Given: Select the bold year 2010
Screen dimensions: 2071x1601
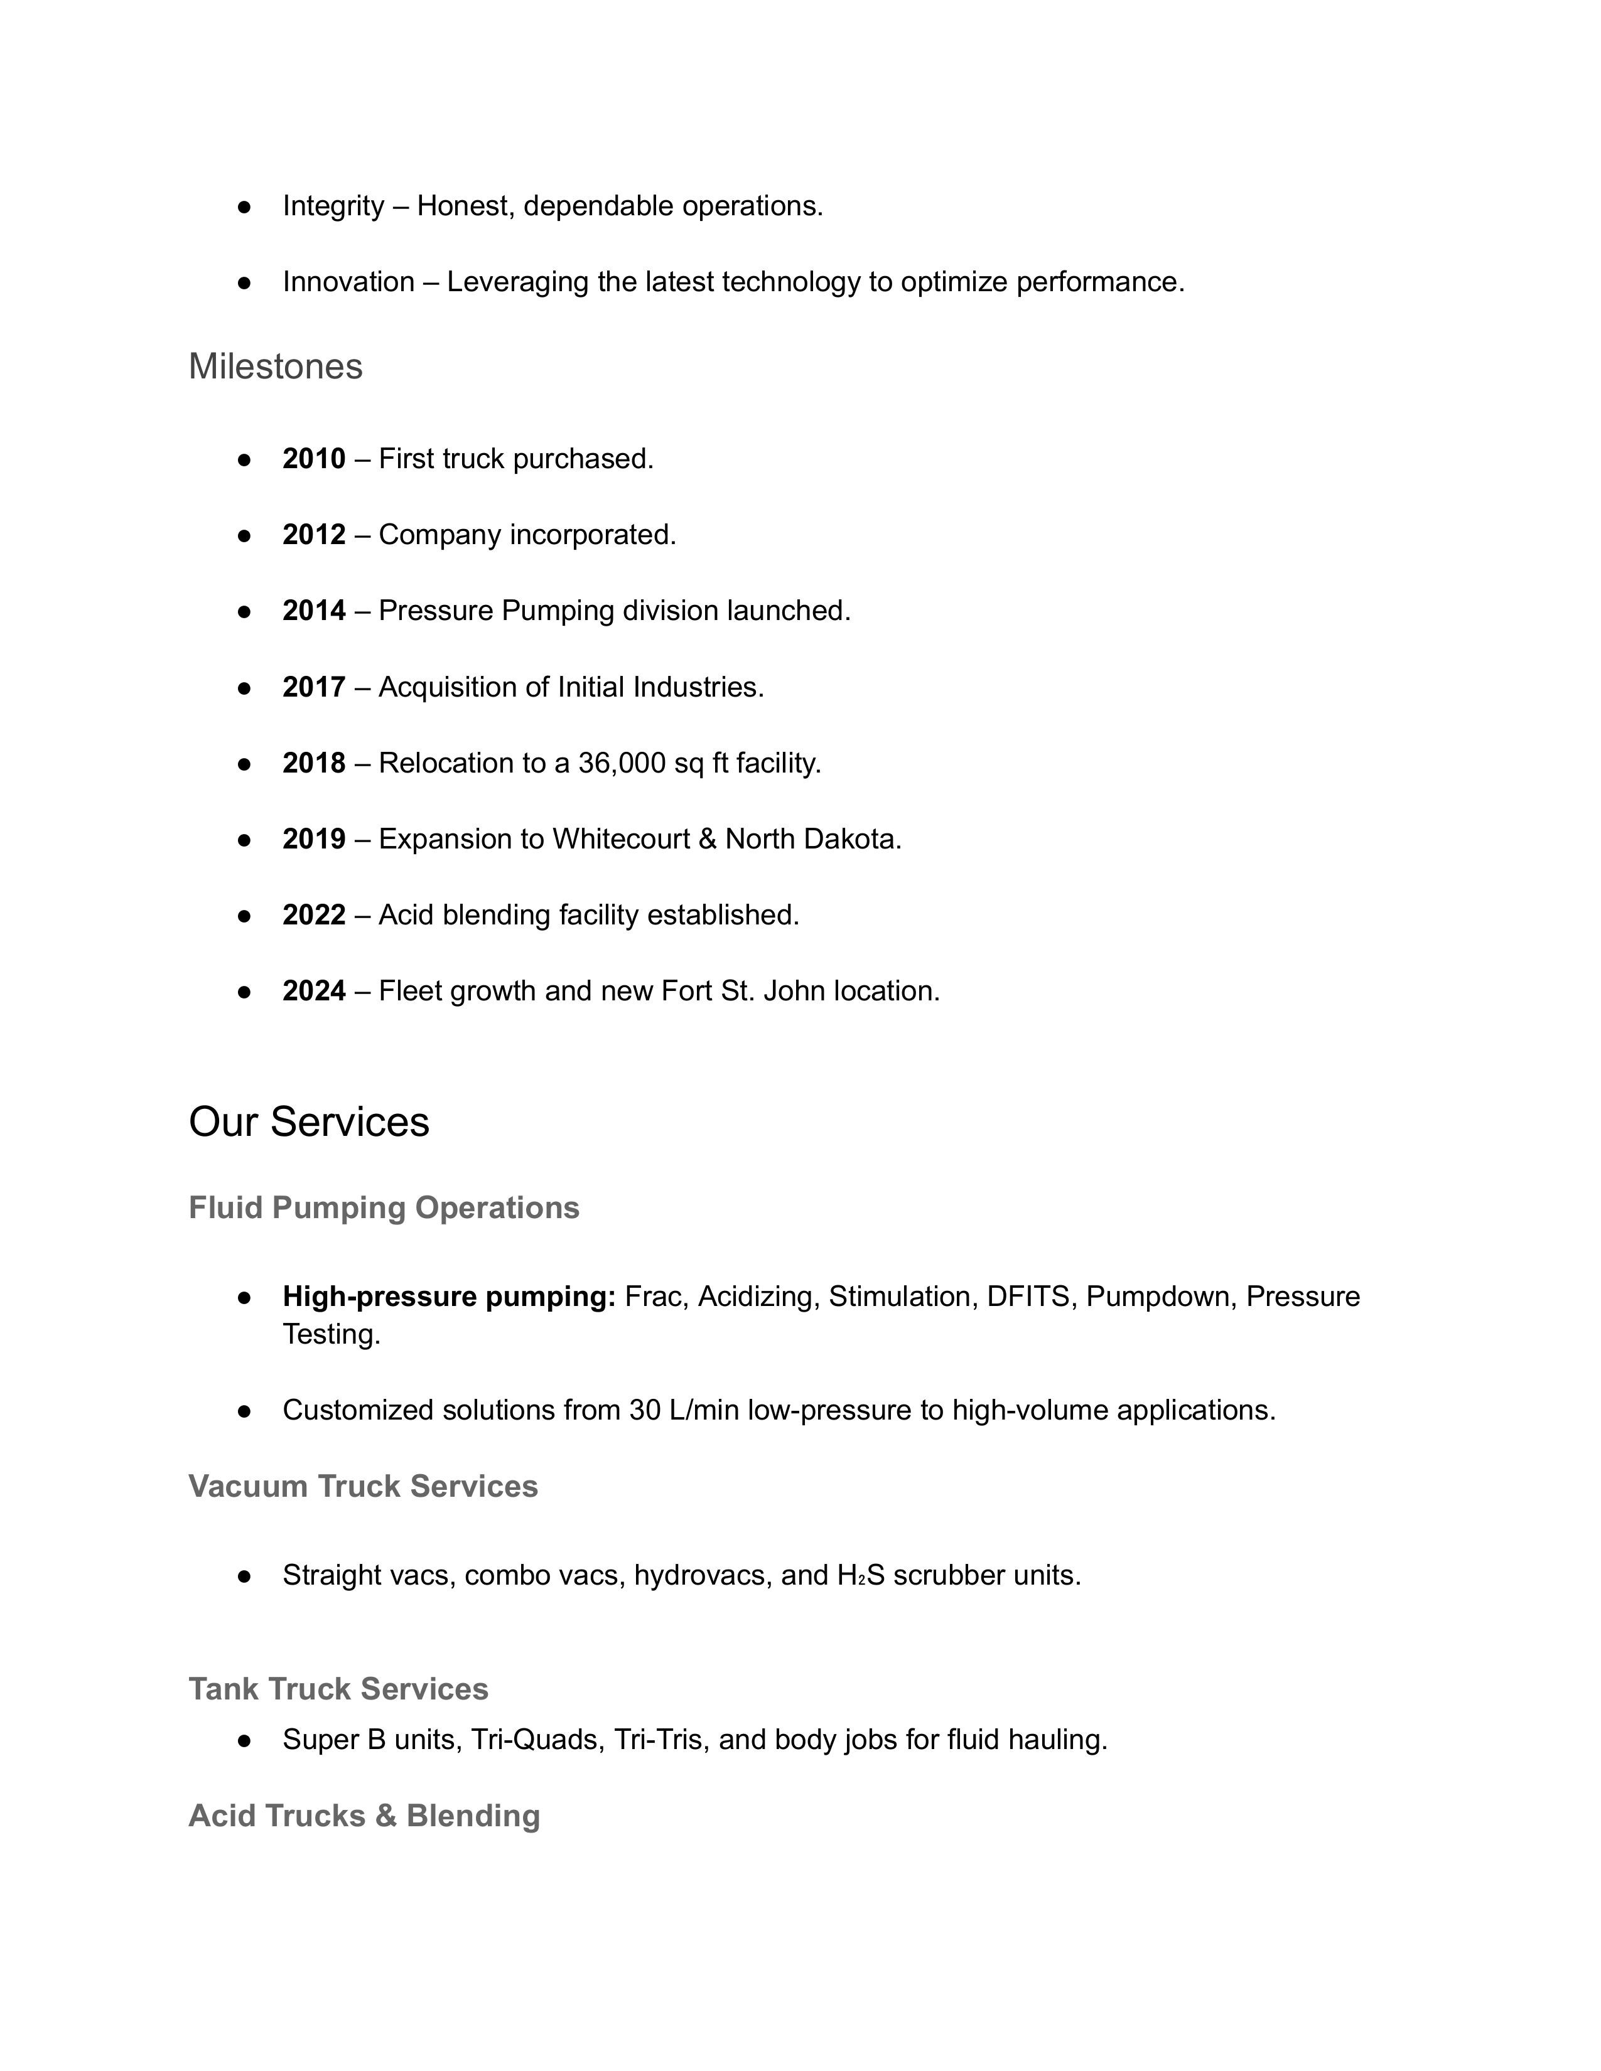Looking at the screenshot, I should pos(314,459).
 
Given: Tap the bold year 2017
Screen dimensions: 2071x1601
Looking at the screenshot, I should pos(314,687).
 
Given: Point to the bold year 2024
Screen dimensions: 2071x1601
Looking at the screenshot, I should pos(314,991).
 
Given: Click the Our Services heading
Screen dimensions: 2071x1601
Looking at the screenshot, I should pos(309,1122).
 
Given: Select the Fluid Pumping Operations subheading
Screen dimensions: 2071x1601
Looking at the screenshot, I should pos(384,1208).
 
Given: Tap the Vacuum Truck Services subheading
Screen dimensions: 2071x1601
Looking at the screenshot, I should pos(364,1487).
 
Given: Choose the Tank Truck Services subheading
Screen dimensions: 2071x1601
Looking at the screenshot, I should pos(338,1689).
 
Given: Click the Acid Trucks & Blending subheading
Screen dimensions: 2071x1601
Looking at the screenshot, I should pos(364,1816).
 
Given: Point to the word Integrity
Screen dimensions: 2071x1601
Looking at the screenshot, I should pos(333,206).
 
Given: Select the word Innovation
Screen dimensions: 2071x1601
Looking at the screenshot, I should pos(348,282).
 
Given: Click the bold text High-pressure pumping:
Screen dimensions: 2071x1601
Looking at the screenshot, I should pos(450,1297).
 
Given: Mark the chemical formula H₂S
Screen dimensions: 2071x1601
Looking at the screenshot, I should pos(860,1576).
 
